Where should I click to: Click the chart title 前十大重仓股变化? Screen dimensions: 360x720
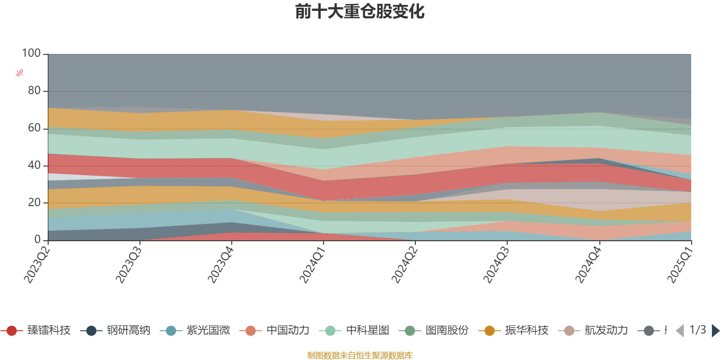360,12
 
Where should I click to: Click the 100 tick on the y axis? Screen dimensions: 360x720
31,54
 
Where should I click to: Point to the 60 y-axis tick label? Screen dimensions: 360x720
34,128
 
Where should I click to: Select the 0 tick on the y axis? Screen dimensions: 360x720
38,240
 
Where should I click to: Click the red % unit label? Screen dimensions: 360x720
20,73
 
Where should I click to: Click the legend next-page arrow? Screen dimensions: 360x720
715,331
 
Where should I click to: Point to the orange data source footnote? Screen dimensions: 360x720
360,355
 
